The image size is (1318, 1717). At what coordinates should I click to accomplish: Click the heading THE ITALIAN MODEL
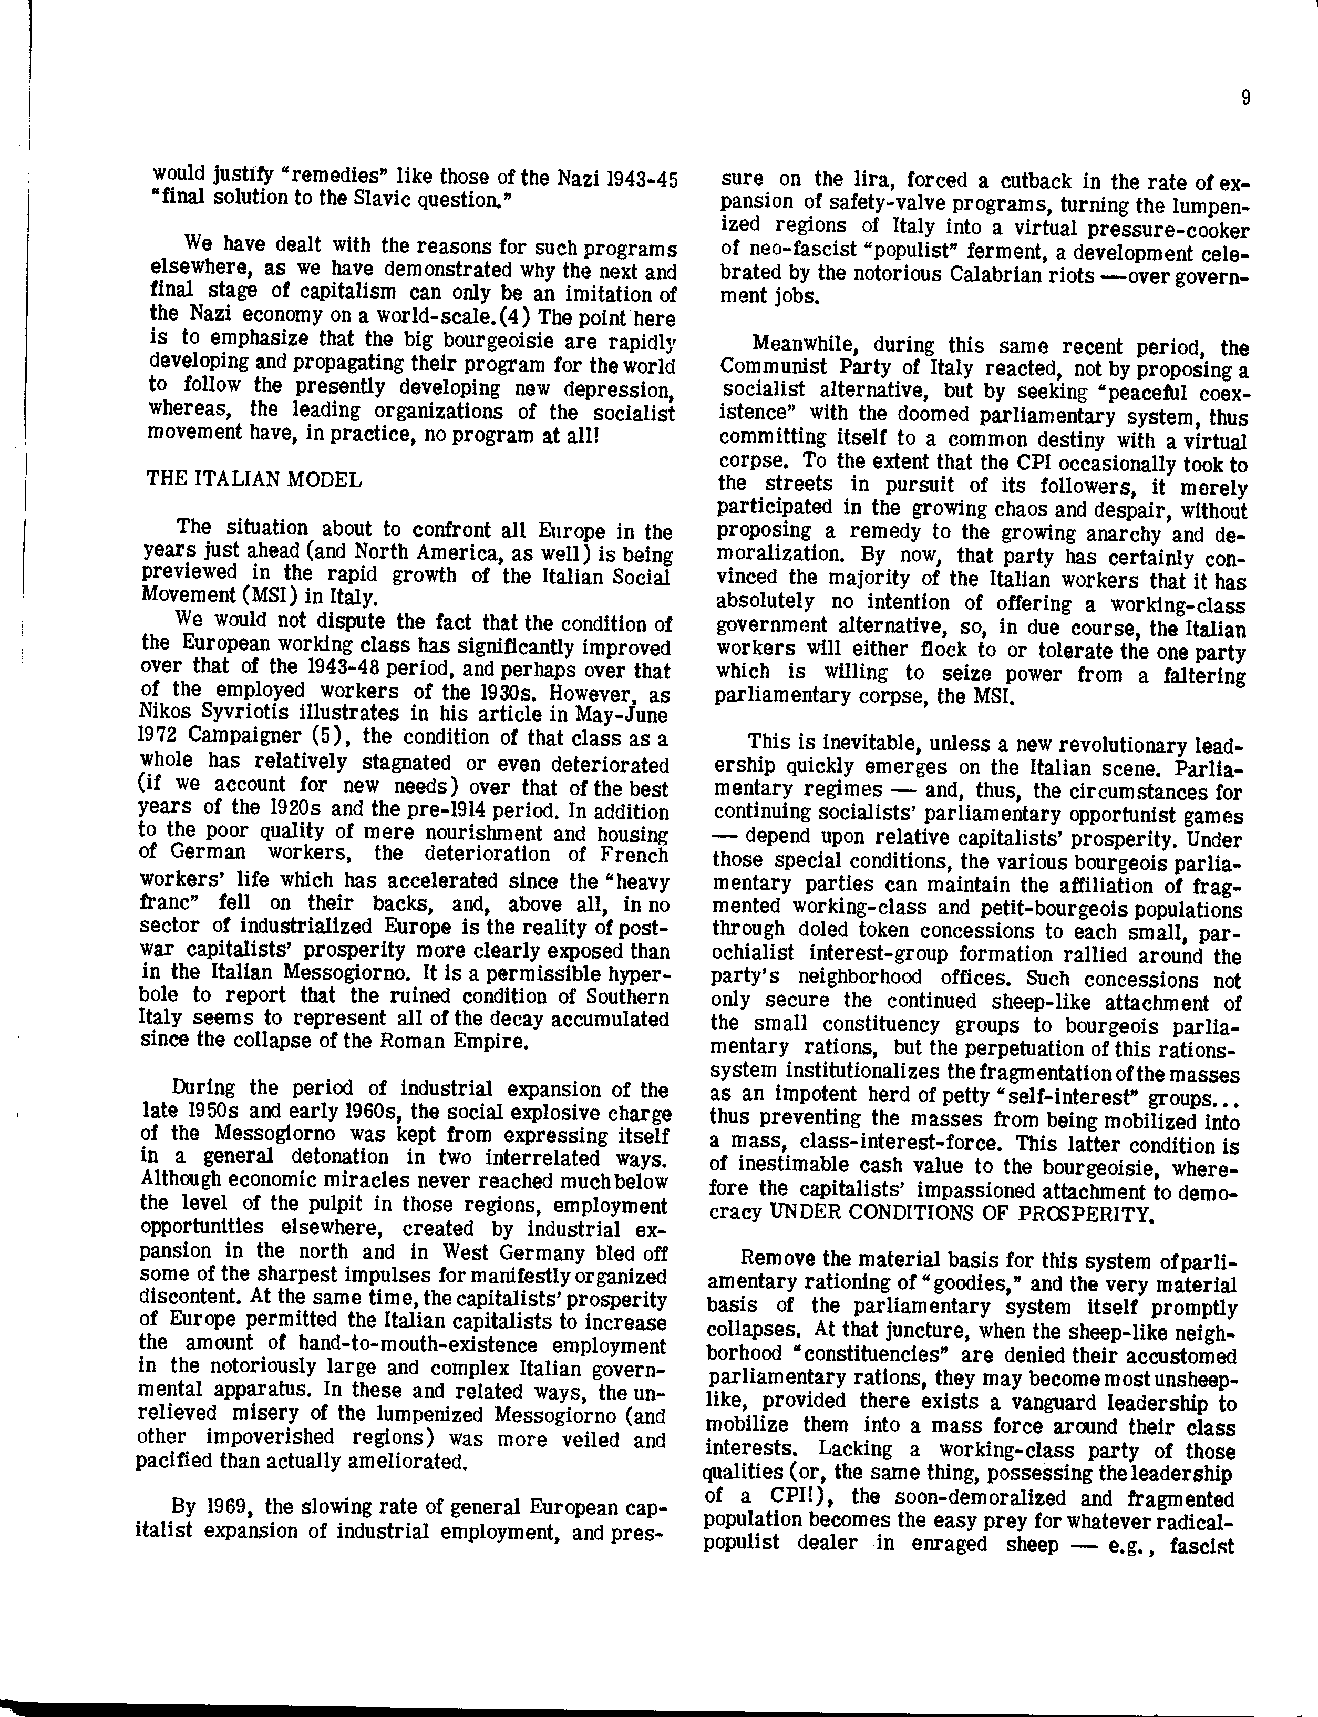pyautogui.click(x=254, y=479)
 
